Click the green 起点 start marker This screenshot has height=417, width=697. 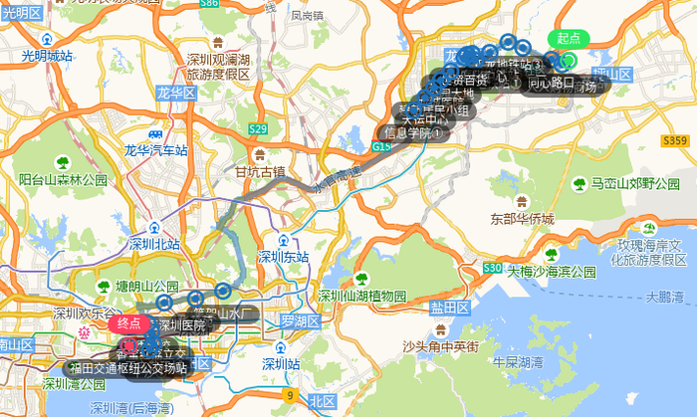point(569,39)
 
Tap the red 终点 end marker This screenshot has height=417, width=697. point(129,322)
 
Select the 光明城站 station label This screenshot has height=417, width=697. point(40,57)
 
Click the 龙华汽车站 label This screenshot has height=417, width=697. point(155,150)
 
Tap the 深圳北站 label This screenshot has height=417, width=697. point(155,243)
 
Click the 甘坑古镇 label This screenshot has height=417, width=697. point(260,170)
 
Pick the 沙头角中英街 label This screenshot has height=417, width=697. point(440,345)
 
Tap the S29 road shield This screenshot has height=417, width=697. point(258,129)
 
